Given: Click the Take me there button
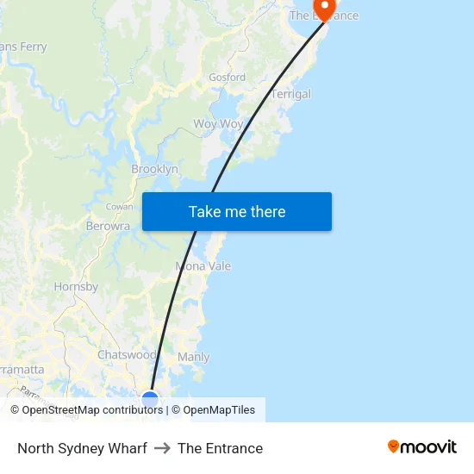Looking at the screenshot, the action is tap(237, 212).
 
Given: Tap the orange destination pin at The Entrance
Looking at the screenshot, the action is tap(324, 8).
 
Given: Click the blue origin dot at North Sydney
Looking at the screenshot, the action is tap(150, 398).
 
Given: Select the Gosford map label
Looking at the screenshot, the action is tap(227, 78).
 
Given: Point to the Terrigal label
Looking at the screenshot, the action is tap(291, 95).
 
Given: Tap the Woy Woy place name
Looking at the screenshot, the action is tap(218, 124).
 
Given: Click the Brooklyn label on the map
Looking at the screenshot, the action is tap(154, 170).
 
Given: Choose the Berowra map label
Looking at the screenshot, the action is tap(108, 227).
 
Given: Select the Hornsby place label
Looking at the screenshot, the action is tap(76, 287).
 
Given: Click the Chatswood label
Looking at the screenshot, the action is tap(127, 355).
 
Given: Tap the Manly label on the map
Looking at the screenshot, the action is tap(193, 357).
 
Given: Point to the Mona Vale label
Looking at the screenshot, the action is tap(203, 266).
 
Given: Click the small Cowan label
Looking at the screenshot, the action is tap(119, 207).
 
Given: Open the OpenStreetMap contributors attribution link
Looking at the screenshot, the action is tap(92, 410).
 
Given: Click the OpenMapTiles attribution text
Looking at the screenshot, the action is tap(219, 410).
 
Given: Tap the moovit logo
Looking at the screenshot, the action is tap(422, 446).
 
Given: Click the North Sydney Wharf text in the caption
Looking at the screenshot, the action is tap(82, 448).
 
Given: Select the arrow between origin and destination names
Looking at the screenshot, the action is tap(162, 448).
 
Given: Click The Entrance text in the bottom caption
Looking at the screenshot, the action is tap(220, 448).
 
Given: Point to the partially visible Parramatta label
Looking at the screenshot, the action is tap(21, 370).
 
